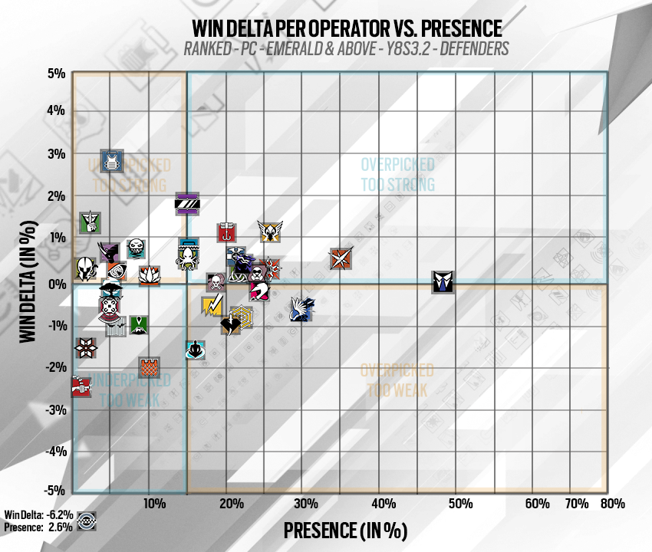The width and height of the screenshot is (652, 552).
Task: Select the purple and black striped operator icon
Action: coord(188,203)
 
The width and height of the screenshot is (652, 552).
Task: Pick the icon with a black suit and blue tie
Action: coord(443,281)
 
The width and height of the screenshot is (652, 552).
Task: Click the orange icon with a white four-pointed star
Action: coord(341,259)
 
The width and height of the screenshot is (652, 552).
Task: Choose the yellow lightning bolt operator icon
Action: coord(212,306)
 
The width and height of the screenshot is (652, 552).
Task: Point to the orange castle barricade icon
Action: coord(150,368)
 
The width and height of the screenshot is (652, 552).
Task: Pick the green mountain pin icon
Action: coord(138,324)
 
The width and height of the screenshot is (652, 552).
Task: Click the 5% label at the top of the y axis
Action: coord(56,74)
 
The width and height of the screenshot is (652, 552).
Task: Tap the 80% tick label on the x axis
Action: coord(612,504)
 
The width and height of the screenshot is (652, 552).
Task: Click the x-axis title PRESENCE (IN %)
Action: coord(345,530)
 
